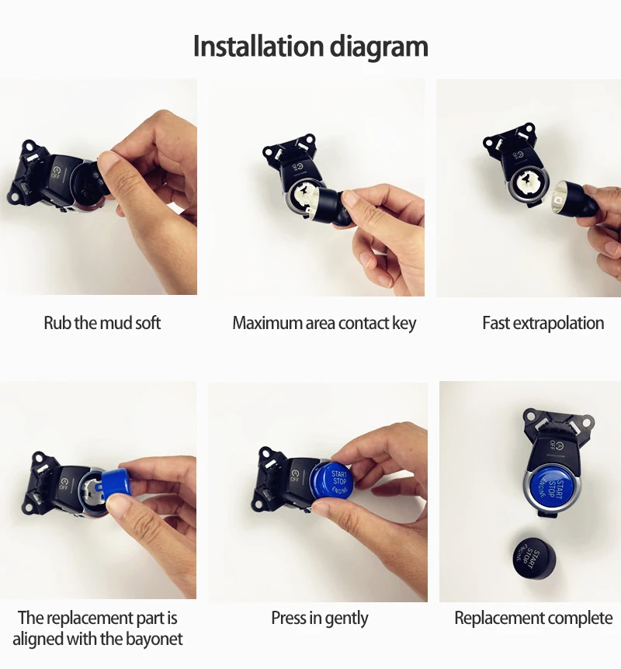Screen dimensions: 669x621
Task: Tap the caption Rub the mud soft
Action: point(102,323)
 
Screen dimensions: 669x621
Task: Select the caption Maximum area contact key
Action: point(324,323)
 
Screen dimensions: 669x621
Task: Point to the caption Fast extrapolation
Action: point(543,323)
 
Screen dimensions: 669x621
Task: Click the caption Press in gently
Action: point(319,619)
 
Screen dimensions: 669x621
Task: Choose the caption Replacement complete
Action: point(533,619)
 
